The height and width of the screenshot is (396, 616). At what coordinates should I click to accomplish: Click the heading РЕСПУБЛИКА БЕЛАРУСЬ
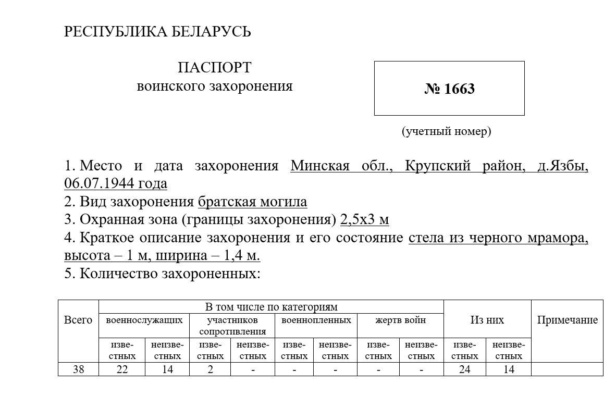[x=157, y=32]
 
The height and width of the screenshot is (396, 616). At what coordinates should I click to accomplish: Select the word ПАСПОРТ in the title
[x=214, y=68]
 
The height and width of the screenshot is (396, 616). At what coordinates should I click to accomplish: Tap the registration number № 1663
[x=449, y=89]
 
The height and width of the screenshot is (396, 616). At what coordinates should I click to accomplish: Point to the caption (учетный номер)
[x=446, y=131]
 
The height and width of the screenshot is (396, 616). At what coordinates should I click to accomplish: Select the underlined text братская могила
[x=252, y=202]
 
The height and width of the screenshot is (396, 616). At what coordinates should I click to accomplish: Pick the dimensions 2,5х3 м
[x=364, y=220]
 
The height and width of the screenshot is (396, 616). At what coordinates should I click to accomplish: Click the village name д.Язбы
[x=562, y=166]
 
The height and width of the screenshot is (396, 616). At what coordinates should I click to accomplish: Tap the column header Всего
[x=78, y=320]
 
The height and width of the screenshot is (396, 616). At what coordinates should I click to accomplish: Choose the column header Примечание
[x=567, y=320]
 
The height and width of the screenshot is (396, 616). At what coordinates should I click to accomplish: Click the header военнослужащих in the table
[x=144, y=320]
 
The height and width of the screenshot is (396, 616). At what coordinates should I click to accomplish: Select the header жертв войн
[x=400, y=320]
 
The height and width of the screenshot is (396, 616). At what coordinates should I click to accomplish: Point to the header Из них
[x=487, y=320]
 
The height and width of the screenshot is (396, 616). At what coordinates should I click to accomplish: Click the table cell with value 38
[x=78, y=369]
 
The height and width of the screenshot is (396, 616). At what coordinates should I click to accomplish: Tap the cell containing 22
[x=122, y=369]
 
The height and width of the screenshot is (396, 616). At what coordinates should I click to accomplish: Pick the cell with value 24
[x=464, y=369]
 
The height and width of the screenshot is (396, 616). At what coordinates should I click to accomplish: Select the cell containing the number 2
[x=211, y=369]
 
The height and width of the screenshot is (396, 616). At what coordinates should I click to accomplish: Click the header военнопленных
[x=316, y=320]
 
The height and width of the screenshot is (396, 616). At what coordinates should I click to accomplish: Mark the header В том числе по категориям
[x=271, y=306]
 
